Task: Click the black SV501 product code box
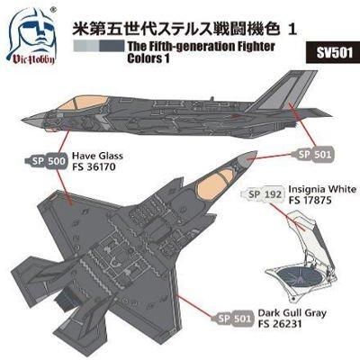click(x=333, y=51)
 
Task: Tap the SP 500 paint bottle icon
click(x=46, y=161)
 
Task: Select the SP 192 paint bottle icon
click(x=262, y=194)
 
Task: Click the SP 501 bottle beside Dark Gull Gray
click(x=232, y=318)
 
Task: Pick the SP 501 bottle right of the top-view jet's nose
click(x=312, y=154)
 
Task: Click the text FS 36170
click(x=94, y=166)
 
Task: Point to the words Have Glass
click(x=97, y=156)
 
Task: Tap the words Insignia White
click(x=322, y=189)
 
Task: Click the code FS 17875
click(x=310, y=200)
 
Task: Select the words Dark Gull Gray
click(x=292, y=313)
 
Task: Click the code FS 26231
click(x=280, y=324)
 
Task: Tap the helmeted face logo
click(x=31, y=33)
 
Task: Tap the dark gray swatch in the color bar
click(x=112, y=46)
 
